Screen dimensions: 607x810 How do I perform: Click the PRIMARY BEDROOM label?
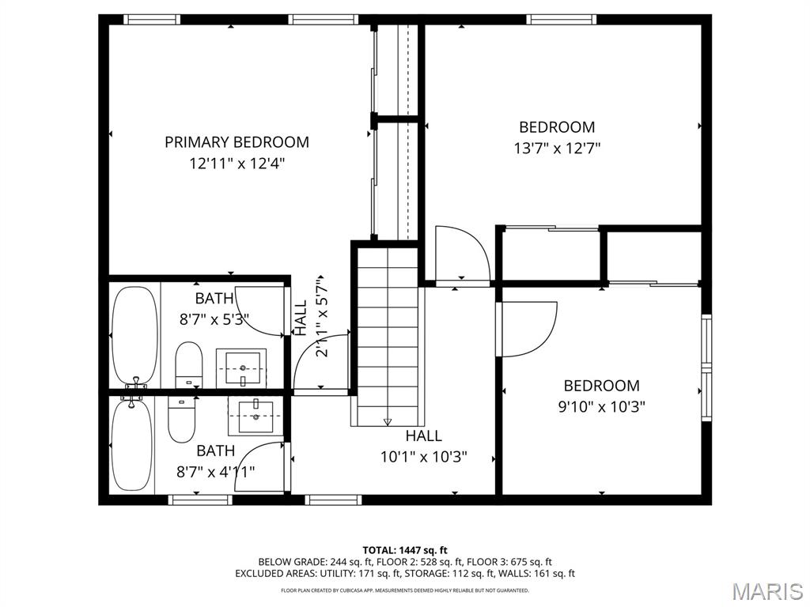237,142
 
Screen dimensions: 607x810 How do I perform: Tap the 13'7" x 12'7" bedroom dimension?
557,148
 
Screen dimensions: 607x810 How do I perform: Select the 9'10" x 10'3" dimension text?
601,407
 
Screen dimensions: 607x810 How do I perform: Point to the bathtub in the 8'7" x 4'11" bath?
131,447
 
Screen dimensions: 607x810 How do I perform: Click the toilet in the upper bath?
188,364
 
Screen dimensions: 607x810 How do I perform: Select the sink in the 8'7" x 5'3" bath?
243,368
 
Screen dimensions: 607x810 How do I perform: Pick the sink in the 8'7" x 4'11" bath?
254,415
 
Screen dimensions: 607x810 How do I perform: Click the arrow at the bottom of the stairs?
387,420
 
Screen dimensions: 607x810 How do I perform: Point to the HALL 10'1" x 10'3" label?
424,447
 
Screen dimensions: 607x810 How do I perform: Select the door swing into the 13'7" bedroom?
461,253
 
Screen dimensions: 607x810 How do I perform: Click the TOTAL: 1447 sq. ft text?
405,550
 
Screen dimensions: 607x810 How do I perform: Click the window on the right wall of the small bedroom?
706,368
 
